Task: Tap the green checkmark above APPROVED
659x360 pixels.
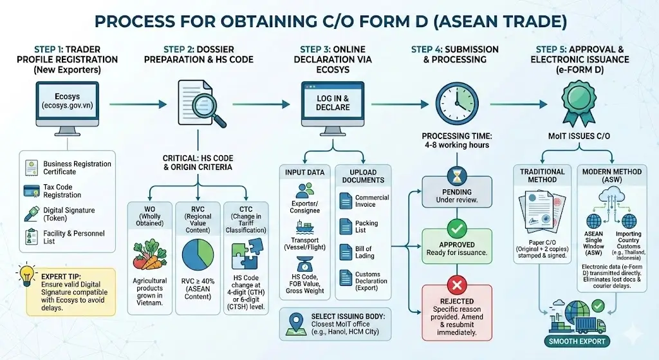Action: (456, 227)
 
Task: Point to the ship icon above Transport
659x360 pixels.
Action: (305, 227)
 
